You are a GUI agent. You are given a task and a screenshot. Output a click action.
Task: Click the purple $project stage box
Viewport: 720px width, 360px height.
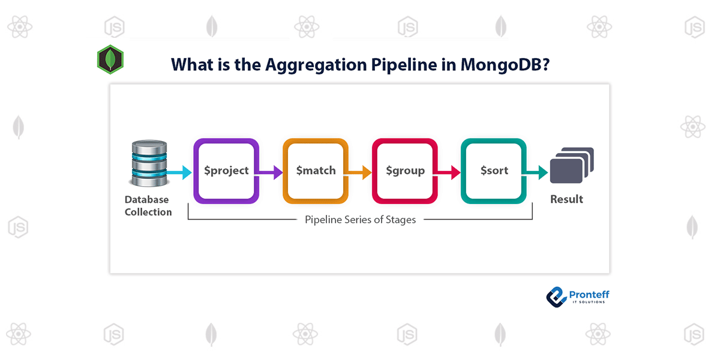(226, 171)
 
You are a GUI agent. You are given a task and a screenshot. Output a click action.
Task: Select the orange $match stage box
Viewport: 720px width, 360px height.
(316, 171)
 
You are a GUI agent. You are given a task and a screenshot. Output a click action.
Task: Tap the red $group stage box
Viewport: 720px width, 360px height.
(405, 171)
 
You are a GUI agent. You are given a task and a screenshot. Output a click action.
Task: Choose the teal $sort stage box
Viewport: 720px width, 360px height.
(494, 171)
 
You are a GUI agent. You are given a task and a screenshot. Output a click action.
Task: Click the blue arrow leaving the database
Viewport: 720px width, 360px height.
(178, 172)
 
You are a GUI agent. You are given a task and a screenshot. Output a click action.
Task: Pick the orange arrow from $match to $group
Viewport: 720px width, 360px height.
(359, 172)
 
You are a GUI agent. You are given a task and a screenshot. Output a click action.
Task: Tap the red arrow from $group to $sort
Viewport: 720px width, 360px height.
(448, 172)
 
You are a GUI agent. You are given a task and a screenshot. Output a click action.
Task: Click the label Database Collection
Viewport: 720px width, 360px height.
(148, 206)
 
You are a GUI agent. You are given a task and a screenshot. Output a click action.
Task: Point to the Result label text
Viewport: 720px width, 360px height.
(566, 199)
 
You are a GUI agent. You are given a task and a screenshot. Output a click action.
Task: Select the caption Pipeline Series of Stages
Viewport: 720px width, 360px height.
(360, 220)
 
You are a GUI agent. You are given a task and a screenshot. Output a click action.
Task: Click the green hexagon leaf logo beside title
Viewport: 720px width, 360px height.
(110, 59)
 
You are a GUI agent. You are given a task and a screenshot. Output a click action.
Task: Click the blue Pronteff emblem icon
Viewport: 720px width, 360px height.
(556, 296)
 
